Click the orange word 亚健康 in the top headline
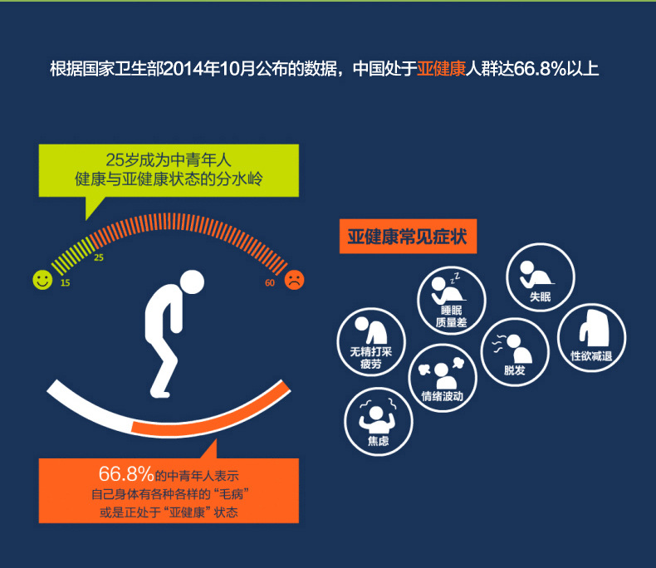coord(444,68)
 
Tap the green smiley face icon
coord(42,280)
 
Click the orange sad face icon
coord(294,280)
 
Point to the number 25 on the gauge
coord(99,258)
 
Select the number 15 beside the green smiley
coord(65,284)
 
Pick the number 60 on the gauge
coord(270,283)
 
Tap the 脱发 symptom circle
coord(515,352)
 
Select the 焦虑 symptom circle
coord(379,420)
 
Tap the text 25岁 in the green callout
coord(120,160)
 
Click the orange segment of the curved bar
coord(212,420)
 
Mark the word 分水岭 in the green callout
coord(239,179)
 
